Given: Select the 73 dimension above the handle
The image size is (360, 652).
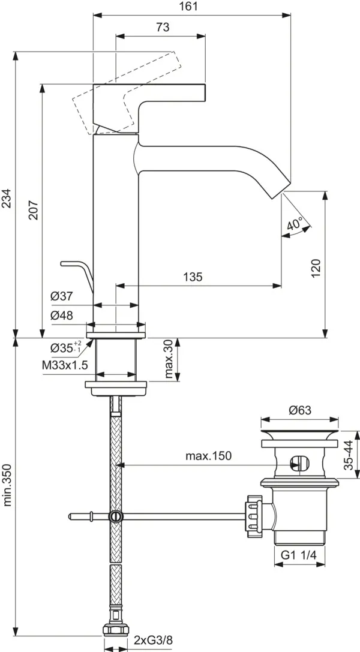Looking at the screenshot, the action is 163,28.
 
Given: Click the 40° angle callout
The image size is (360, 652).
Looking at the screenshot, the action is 296,224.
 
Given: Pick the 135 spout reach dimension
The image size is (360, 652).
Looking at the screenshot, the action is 193,277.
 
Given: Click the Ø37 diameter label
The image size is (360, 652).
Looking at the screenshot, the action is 62,296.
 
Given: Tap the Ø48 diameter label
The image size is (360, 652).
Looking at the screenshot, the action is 62,316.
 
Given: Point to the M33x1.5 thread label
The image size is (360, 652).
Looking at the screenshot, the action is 65,365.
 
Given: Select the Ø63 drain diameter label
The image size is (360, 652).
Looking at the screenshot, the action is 300,410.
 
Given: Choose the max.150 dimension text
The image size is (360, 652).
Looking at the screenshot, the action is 208,456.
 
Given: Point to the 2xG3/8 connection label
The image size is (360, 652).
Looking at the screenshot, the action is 152,641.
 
